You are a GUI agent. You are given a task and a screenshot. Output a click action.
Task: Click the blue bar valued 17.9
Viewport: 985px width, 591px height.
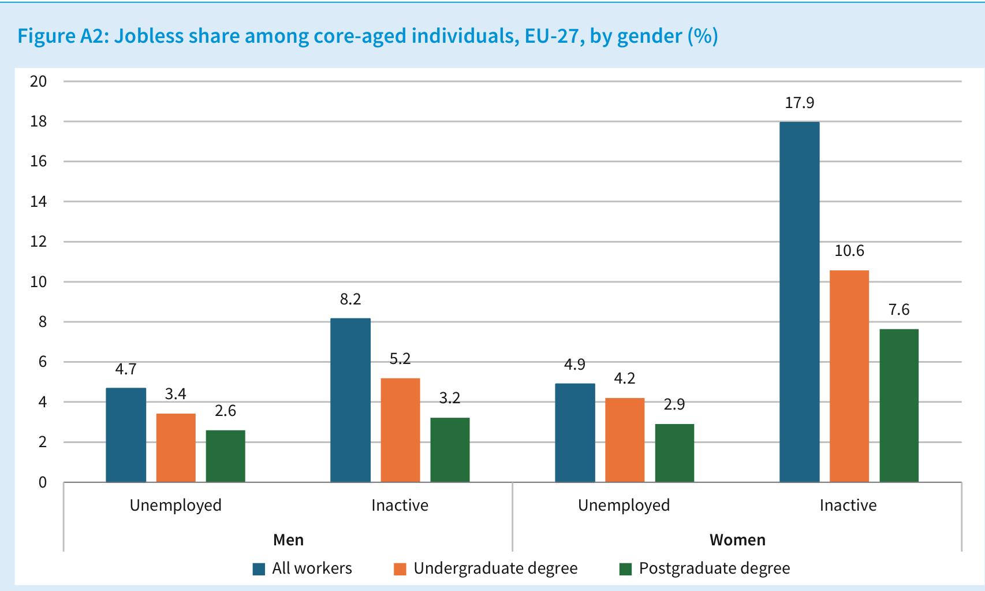coord(800,302)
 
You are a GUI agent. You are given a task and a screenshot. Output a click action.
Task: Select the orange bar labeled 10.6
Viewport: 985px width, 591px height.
coord(849,376)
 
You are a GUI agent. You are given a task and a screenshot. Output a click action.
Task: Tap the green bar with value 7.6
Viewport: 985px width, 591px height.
coord(899,406)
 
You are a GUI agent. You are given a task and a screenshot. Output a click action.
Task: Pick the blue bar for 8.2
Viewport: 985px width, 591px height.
coord(350,400)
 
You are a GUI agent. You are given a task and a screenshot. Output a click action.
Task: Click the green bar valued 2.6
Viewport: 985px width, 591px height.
coord(226,456)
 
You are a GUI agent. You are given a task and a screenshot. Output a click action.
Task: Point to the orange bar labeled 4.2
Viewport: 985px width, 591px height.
coord(625,440)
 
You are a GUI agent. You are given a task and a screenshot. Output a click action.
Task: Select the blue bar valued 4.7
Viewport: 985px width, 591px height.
coord(126,435)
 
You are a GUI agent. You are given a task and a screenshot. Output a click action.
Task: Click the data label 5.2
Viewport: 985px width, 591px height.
coord(400,359)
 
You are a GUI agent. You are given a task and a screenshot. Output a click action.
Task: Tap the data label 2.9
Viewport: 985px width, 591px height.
coord(674,404)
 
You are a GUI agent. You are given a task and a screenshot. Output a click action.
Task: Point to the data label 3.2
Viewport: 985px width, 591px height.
coord(450,398)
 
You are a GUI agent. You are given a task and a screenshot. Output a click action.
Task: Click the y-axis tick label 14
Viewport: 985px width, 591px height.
coord(38,202)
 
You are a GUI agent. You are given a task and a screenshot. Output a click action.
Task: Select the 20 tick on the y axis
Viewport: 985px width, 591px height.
coord(38,81)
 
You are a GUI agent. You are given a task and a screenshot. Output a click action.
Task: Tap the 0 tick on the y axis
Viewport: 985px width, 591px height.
coord(43,482)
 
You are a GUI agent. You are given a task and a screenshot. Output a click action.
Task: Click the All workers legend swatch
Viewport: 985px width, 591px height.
coord(259,569)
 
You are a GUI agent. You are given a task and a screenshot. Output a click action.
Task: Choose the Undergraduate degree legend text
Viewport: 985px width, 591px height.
coord(495,568)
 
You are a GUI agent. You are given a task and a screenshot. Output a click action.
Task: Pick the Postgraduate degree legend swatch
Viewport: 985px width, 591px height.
coord(625,569)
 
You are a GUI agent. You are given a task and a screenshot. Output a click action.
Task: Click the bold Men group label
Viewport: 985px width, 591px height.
coord(289,540)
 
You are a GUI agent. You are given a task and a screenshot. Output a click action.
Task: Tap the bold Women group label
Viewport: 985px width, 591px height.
coord(737,540)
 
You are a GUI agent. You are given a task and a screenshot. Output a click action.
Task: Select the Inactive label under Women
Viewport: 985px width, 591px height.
coord(848,505)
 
